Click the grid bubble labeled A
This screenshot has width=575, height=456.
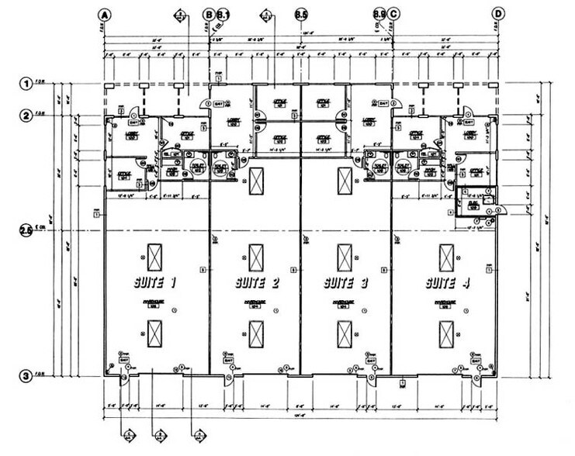coord(105,14)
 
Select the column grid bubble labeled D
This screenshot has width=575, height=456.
coord(498,14)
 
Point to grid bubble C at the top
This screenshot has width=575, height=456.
coord(394,14)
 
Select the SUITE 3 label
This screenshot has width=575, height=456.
coord(346,283)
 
